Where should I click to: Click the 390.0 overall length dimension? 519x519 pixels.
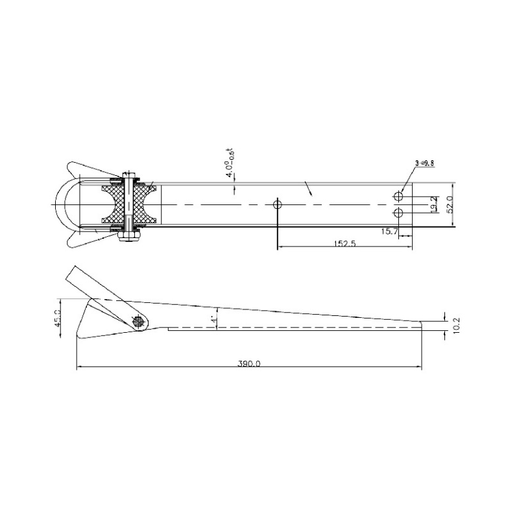[x=248, y=364]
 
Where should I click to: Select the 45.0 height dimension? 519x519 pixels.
[x=58, y=319]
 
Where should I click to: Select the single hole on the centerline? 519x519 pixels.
[x=278, y=204]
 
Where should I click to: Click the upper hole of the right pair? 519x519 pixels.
[x=398, y=196]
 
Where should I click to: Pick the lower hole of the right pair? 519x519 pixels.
[x=398, y=213]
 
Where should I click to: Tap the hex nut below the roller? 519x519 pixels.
[x=129, y=239]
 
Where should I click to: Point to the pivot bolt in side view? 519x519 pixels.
[x=138, y=321]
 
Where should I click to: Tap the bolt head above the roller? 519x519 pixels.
[x=130, y=173]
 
